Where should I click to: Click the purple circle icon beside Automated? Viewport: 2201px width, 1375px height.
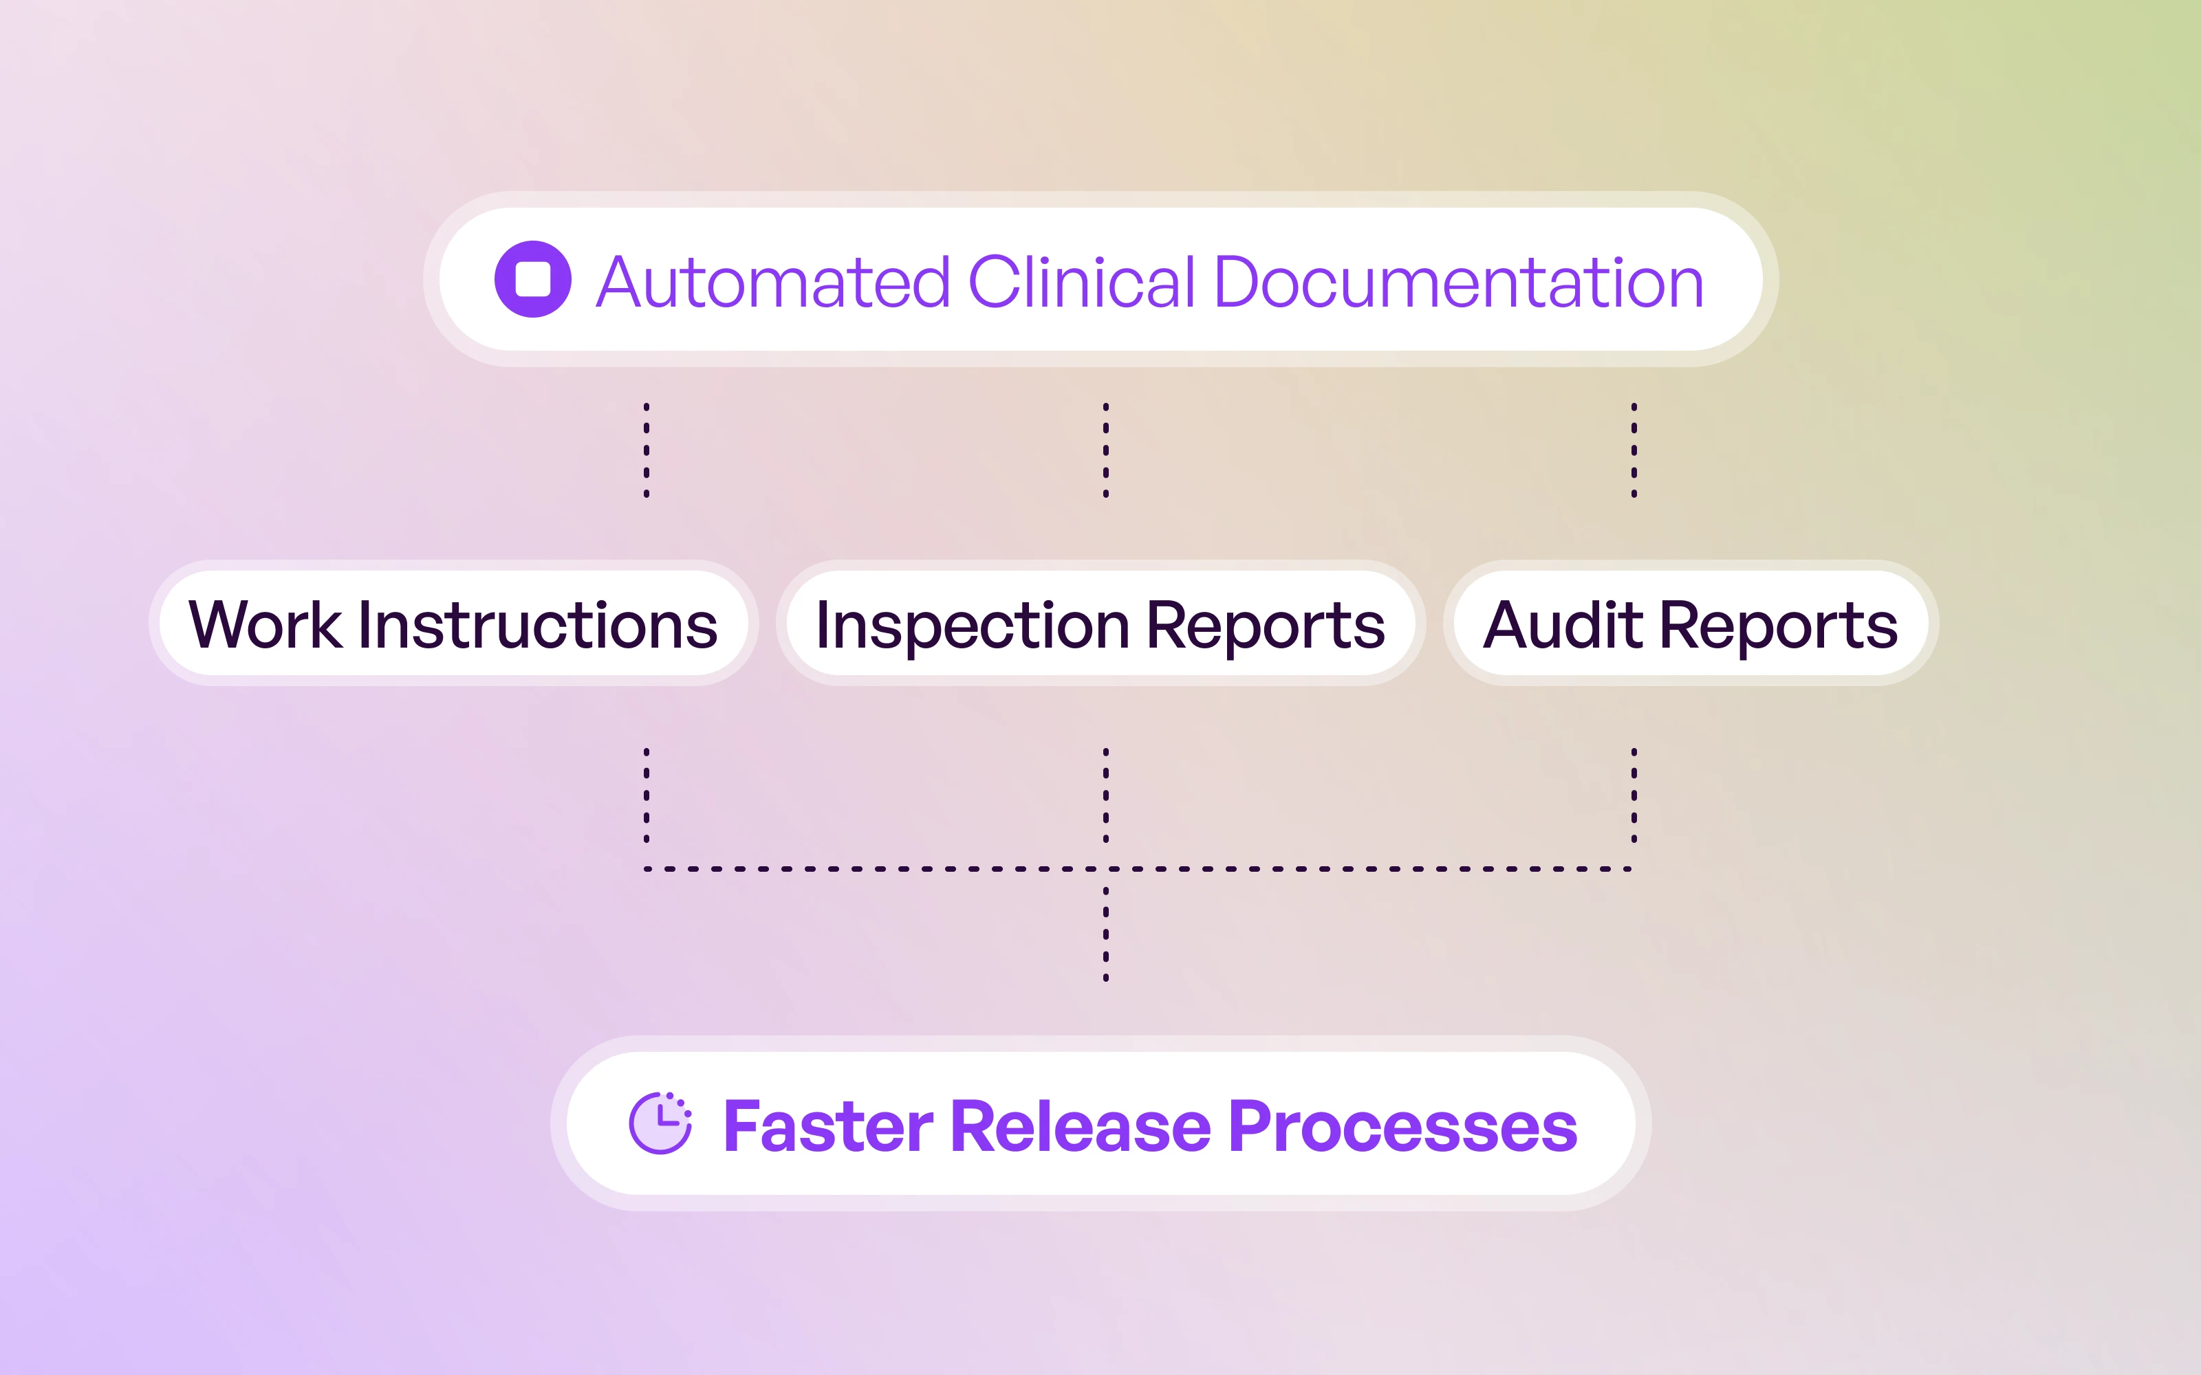click(532, 279)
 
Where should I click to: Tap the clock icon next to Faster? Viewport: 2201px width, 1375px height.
click(660, 1124)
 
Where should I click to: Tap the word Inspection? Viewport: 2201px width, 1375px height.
click(973, 626)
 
